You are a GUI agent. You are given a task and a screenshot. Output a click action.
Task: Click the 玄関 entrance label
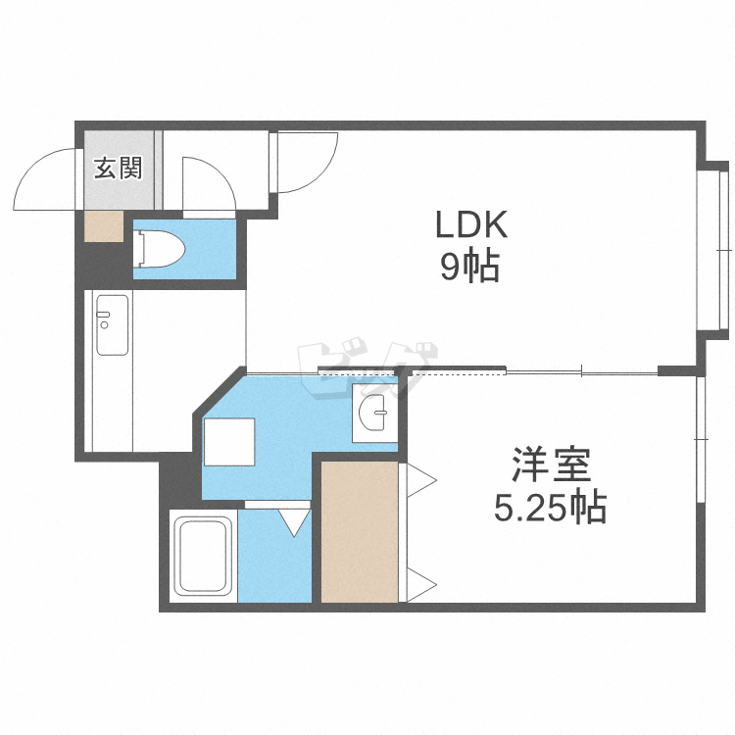tap(119, 168)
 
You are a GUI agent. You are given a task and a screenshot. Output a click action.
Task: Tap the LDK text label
tap(471, 225)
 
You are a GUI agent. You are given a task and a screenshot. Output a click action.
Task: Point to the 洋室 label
tap(551, 465)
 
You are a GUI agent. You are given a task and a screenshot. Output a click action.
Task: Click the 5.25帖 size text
tap(551, 507)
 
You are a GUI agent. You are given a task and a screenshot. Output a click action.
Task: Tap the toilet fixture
tap(159, 249)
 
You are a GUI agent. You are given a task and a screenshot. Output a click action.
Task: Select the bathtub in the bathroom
tap(204, 556)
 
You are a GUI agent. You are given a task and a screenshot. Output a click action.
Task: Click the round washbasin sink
tap(374, 413)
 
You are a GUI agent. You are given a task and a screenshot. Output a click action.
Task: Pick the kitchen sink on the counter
tap(112, 324)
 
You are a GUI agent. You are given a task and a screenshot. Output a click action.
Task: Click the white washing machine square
tap(229, 442)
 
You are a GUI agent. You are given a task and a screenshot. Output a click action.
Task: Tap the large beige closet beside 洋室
tap(360, 531)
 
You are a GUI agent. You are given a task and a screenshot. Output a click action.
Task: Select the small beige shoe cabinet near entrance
tap(104, 226)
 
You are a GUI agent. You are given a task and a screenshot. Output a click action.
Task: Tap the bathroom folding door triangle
tap(295, 521)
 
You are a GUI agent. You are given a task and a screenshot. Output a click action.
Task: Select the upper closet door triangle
tap(421, 480)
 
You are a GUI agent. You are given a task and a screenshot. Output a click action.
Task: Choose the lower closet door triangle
tap(421, 584)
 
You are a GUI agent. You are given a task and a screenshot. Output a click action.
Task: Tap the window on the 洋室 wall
tap(701, 439)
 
